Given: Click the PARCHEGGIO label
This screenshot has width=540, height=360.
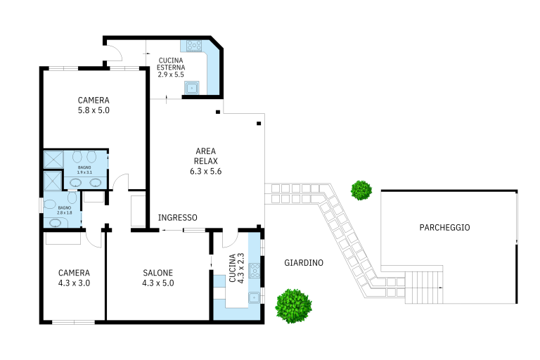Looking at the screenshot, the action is pyautogui.click(x=444, y=227).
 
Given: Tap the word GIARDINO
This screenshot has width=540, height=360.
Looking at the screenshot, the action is pyautogui.click(x=304, y=263).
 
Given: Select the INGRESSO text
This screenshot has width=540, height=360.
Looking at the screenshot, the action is pyautogui.click(x=177, y=218).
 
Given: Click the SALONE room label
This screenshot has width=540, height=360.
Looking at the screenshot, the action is pyautogui.click(x=157, y=273).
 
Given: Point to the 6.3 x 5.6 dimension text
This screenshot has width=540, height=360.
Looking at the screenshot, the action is pyautogui.click(x=205, y=172).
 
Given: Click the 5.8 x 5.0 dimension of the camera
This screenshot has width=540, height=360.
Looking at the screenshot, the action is pyautogui.click(x=94, y=110).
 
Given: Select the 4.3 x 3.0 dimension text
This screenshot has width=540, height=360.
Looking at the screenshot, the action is pyautogui.click(x=74, y=283).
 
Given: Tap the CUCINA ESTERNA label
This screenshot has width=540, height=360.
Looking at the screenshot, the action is pyautogui.click(x=171, y=64).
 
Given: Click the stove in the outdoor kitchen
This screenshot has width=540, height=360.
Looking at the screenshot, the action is pyautogui.click(x=194, y=46).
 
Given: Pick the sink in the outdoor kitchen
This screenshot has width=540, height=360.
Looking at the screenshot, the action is pyautogui.click(x=191, y=87).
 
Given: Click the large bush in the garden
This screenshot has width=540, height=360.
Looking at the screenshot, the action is pyautogui.click(x=293, y=307).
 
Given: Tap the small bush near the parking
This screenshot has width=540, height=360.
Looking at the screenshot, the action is pyautogui.click(x=361, y=190).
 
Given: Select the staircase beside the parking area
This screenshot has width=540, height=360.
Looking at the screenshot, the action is pyautogui.click(x=423, y=288).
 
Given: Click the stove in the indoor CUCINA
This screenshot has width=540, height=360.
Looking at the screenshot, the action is pyautogui.click(x=255, y=271).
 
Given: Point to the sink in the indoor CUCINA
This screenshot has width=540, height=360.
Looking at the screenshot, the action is pyautogui.click(x=254, y=297).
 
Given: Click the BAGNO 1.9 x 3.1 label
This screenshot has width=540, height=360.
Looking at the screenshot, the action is pyautogui.click(x=84, y=170).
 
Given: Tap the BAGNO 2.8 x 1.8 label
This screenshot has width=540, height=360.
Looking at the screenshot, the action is pyautogui.click(x=65, y=210).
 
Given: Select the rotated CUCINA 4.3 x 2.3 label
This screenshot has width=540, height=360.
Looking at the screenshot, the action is pyautogui.click(x=236, y=269).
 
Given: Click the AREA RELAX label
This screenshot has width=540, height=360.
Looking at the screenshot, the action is pyautogui.click(x=205, y=156).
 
